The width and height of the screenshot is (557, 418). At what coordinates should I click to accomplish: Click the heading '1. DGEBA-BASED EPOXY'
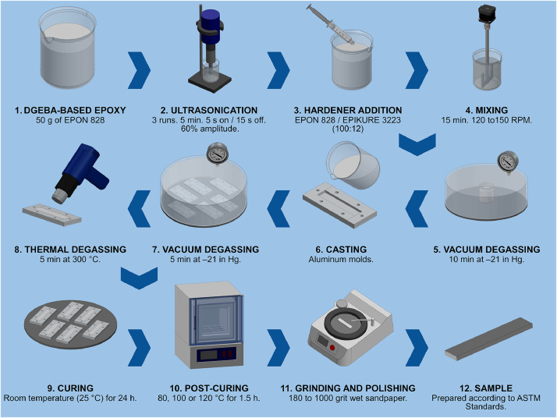70,110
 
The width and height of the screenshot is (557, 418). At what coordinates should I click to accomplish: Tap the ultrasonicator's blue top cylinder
210,22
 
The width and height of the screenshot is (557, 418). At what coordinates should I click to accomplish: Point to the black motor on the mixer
486,14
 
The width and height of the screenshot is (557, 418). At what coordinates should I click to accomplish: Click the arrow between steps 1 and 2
139,70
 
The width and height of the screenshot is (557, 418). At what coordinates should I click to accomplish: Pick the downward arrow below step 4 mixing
417,143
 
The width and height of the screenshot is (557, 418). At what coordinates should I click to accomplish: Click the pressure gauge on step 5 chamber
508,162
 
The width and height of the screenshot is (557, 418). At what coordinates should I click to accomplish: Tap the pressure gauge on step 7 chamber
217,153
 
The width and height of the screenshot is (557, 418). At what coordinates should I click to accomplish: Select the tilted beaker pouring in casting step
353,165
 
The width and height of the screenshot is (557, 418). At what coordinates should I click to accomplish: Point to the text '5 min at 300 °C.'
70,259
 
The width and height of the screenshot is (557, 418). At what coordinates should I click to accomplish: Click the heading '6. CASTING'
341,250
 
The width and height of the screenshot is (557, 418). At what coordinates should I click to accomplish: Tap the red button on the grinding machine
332,347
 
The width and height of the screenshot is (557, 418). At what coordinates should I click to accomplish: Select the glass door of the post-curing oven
216,320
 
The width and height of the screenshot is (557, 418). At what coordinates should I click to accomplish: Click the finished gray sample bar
489,338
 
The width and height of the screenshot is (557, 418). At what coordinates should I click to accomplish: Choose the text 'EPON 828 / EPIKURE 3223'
348,120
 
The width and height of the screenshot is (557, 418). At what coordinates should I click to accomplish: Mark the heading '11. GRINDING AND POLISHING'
348,388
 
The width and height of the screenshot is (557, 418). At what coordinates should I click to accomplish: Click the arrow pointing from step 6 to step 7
278,209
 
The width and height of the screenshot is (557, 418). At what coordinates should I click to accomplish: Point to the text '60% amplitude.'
210,129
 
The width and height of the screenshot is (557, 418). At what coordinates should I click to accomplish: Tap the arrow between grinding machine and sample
417,348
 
